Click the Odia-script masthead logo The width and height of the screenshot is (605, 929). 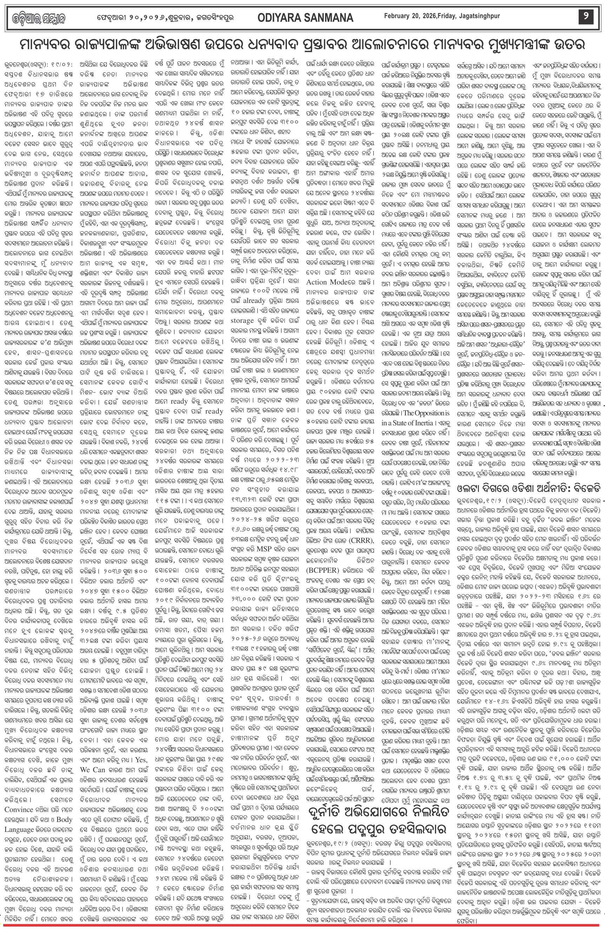pos(35,18)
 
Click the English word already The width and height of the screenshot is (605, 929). pos(254,301)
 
